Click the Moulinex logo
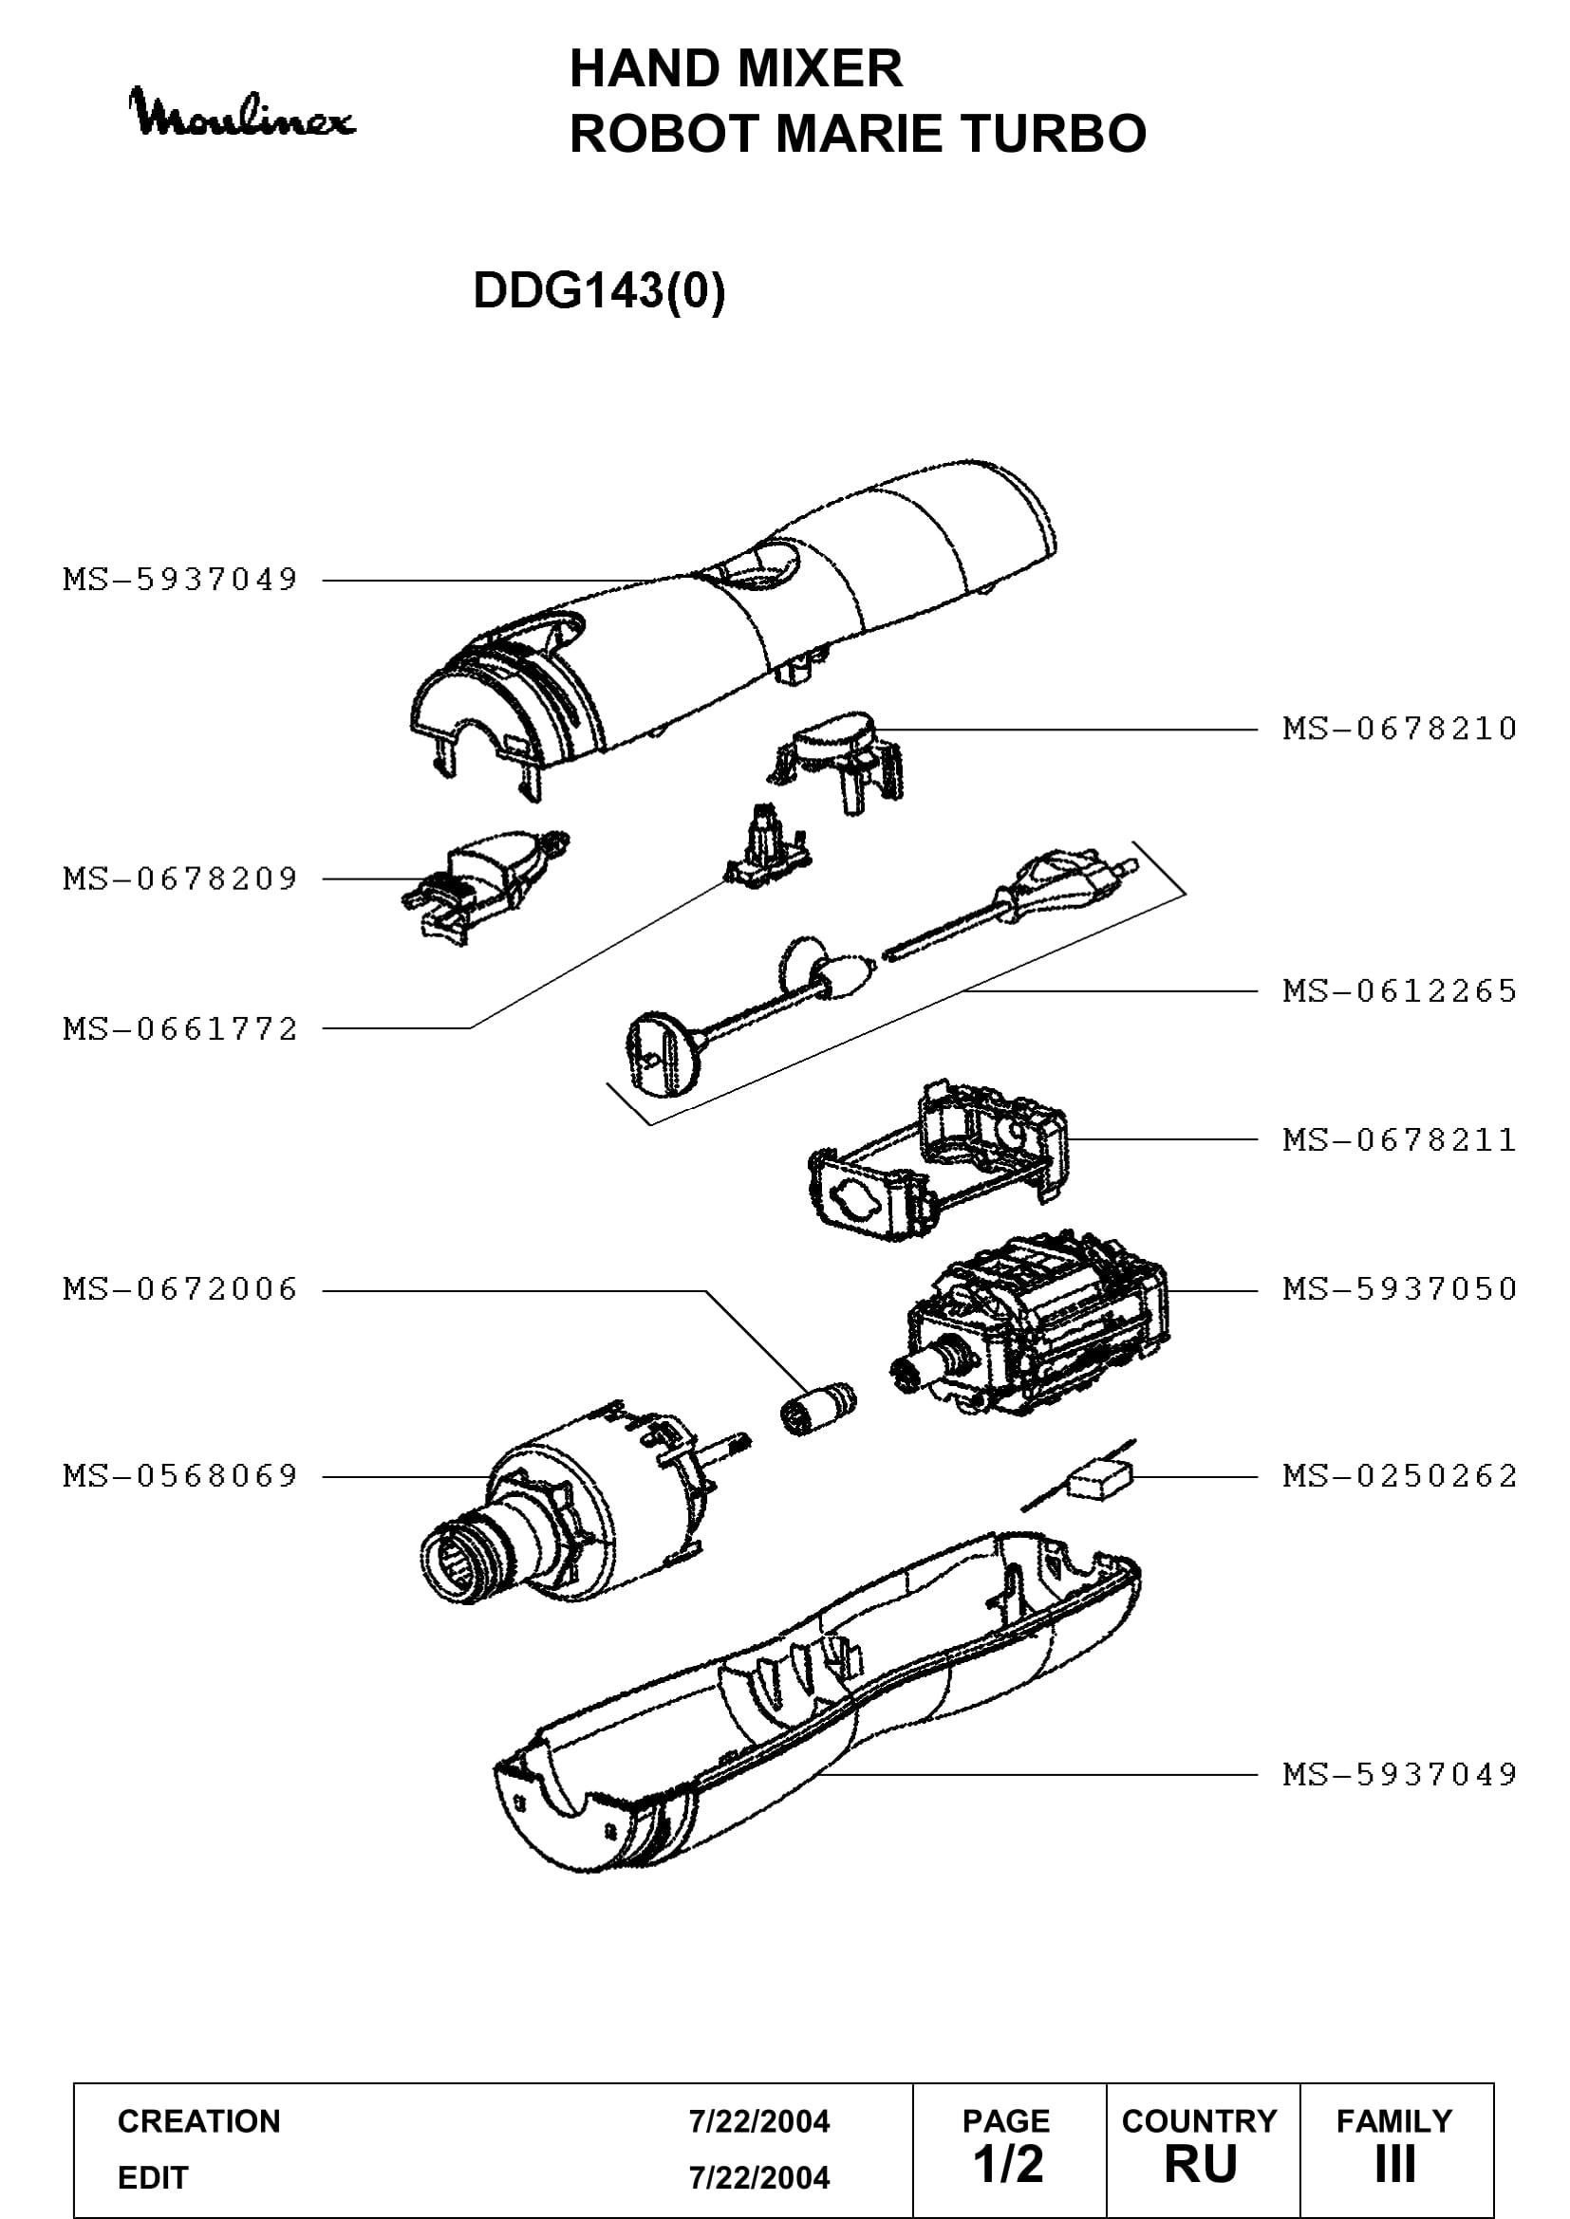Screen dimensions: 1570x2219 point(243,112)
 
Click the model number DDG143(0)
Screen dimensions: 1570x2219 point(599,290)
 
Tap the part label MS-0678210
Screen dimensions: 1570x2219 point(1399,729)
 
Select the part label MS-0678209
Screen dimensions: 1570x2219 point(179,878)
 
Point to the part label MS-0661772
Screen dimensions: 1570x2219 point(179,1028)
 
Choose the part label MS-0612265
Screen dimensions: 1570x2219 point(1399,990)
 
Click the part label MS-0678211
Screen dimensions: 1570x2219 point(1399,1140)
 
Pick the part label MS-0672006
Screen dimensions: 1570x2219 point(179,1289)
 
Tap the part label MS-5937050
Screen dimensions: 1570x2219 point(1399,1289)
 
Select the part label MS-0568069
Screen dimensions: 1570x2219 point(179,1476)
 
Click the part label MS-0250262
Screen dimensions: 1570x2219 point(1399,1476)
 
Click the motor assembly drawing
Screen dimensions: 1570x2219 point(1030,1324)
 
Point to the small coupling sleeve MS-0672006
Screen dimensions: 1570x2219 point(818,1409)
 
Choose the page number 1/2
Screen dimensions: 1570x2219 point(1008,2164)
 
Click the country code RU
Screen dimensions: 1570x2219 point(1201,2164)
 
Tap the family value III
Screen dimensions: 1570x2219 point(1395,2164)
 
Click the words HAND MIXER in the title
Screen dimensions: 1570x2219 point(736,68)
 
